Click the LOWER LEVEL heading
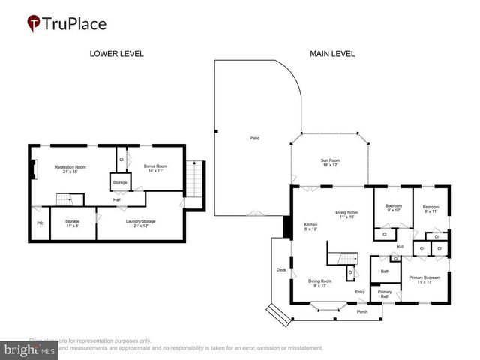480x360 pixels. pos(116,54)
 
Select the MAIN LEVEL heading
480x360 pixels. pos(332,54)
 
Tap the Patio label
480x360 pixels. pos(255,139)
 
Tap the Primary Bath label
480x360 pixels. pos(384,294)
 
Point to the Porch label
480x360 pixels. pos(361,311)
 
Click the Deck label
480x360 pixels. pos(281,269)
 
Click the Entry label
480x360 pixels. pos(360,292)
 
